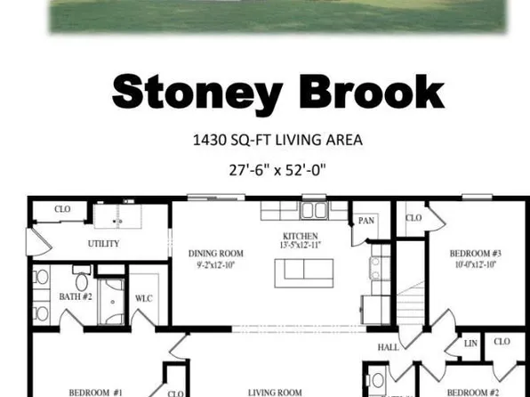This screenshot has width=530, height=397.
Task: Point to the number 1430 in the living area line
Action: coord(211,140)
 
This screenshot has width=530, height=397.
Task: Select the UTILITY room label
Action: coord(103,243)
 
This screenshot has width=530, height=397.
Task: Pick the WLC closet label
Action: coord(143,298)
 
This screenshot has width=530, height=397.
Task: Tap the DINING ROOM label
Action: coord(216,254)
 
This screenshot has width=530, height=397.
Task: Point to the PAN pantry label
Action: coord(365,221)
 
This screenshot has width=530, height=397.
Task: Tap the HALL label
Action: coord(389,347)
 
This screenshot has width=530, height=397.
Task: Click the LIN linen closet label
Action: coord(470,343)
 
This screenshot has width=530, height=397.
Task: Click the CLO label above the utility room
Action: coord(62,209)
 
